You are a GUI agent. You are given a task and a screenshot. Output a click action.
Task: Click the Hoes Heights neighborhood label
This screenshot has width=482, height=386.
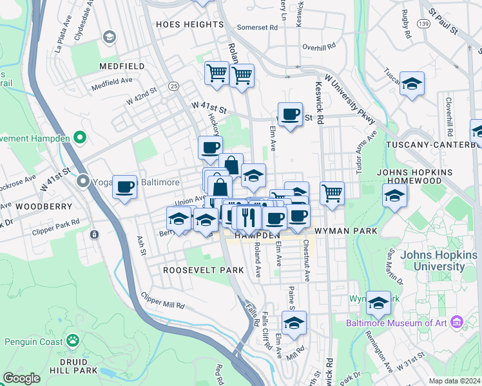point(189,24)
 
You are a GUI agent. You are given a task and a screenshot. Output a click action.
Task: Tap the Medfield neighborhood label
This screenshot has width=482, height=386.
point(120,66)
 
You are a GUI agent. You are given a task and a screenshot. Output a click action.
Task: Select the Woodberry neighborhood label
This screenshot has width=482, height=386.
point(38,207)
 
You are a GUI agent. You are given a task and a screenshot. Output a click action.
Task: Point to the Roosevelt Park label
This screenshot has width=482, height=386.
point(195,270)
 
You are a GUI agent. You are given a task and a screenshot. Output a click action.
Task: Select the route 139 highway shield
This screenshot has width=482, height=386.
point(423,24)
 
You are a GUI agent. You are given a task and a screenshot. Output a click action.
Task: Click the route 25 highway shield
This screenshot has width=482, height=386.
point(173,86)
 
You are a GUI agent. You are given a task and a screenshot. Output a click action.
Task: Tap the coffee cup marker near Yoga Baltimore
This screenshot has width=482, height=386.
point(124,187)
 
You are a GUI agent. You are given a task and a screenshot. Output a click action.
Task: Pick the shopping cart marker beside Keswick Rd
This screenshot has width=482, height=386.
point(332,193)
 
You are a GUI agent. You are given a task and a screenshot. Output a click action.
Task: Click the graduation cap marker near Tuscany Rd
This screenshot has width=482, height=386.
point(412,84)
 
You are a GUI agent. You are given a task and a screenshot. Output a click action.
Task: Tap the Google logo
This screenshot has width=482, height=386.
point(21,378)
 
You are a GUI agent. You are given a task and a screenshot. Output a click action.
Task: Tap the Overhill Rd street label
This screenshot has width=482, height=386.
point(320,47)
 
